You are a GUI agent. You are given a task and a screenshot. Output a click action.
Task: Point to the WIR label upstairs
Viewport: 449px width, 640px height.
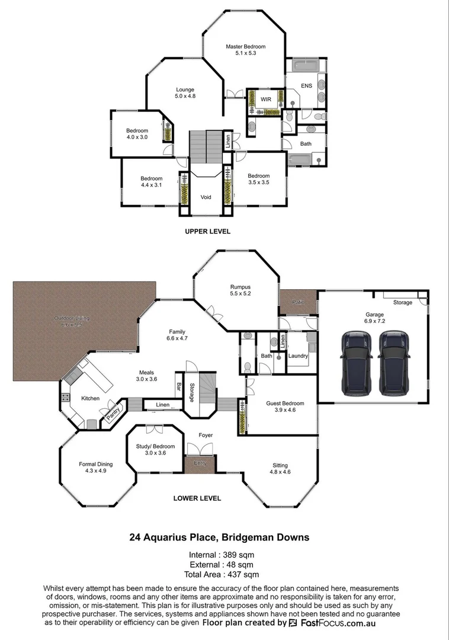(x=266, y=99)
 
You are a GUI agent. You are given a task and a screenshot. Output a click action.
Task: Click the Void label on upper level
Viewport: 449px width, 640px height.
(x=206, y=197)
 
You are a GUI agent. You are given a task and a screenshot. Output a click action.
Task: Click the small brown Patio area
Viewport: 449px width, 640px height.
(x=298, y=302)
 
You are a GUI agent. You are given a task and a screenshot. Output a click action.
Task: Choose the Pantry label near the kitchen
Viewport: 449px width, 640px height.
(x=113, y=412)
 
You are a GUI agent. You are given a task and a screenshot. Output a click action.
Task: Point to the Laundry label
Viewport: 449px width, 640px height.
(x=298, y=356)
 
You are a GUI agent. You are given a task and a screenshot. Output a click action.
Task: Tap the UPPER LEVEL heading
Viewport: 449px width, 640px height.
(x=207, y=231)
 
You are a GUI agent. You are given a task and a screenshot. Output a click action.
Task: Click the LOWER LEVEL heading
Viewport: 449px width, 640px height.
(x=197, y=498)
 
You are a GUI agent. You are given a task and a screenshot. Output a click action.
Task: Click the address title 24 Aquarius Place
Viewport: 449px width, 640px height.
(x=219, y=538)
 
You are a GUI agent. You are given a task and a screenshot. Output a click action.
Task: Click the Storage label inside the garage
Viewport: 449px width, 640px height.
(x=402, y=303)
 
